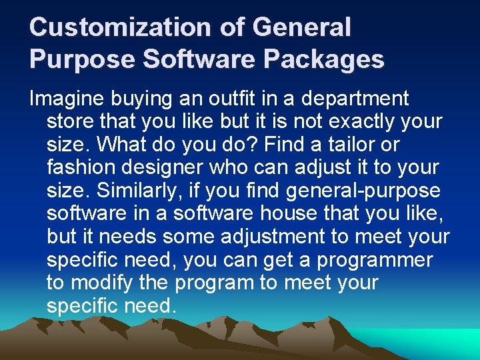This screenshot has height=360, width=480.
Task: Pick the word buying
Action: click(143, 99)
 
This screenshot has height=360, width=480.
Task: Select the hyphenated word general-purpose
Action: click(363, 191)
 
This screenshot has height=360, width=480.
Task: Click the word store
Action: click(71, 122)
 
